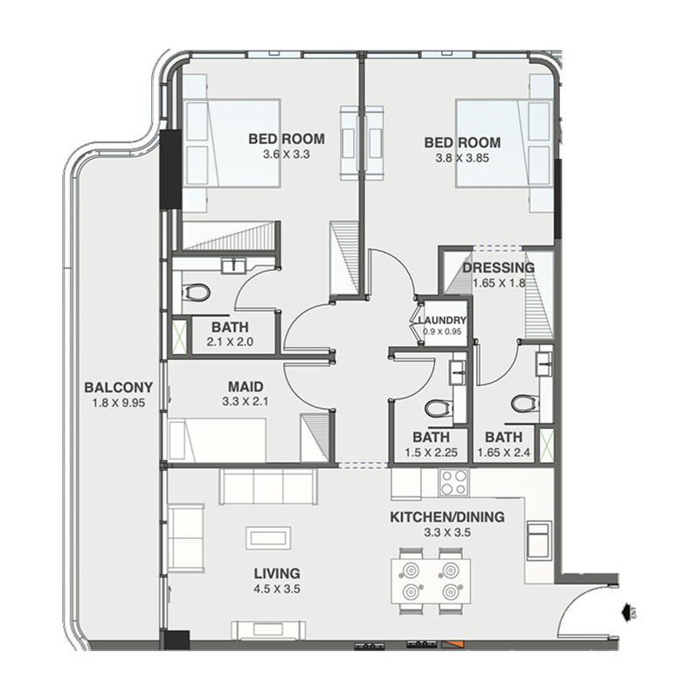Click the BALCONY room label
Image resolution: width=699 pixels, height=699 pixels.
[119, 387]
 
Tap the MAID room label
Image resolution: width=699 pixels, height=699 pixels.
[246, 386]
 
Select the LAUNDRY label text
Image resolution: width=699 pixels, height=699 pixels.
[442, 321]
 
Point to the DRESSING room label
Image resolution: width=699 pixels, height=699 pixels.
[498, 268]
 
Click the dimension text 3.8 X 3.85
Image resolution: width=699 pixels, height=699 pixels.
[462, 158]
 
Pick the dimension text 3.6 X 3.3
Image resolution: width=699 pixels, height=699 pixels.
[287, 155]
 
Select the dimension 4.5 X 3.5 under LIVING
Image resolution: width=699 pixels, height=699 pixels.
[277, 589]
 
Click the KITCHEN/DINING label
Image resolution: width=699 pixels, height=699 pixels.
[447, 517]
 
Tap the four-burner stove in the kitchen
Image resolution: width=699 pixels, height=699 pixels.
[453, 483]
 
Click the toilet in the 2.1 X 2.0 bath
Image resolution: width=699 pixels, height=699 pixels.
[196, 293]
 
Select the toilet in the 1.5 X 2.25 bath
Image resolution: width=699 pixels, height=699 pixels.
[437, 407]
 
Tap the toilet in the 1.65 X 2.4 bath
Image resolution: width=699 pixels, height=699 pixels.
[523, 403]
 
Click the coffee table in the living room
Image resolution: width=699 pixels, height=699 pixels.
[268, 538]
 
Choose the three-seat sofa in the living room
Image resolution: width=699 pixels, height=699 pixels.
[267, 487]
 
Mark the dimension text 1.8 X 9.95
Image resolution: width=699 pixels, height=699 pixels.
[119, 403]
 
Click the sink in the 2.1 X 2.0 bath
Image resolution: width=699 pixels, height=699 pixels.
[233, 266]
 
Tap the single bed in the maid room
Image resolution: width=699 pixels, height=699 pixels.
[218, 440]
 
